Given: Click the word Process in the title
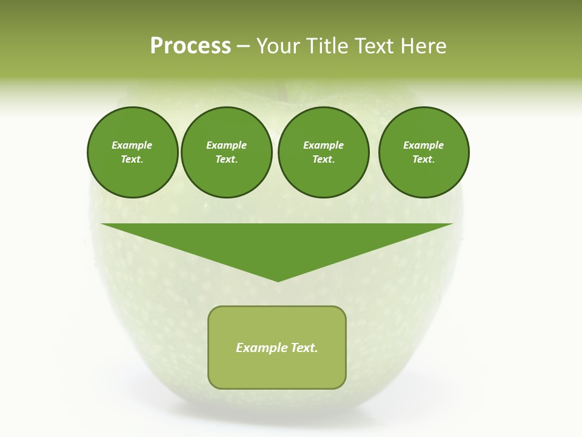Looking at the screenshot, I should point(190,46).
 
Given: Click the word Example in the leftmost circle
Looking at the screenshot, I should point(132,145).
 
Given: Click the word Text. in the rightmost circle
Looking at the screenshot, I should point(424,160).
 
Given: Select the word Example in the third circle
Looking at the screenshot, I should point(323,145).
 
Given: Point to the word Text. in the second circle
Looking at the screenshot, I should point(227,160).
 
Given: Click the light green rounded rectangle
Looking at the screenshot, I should point(277,370).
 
